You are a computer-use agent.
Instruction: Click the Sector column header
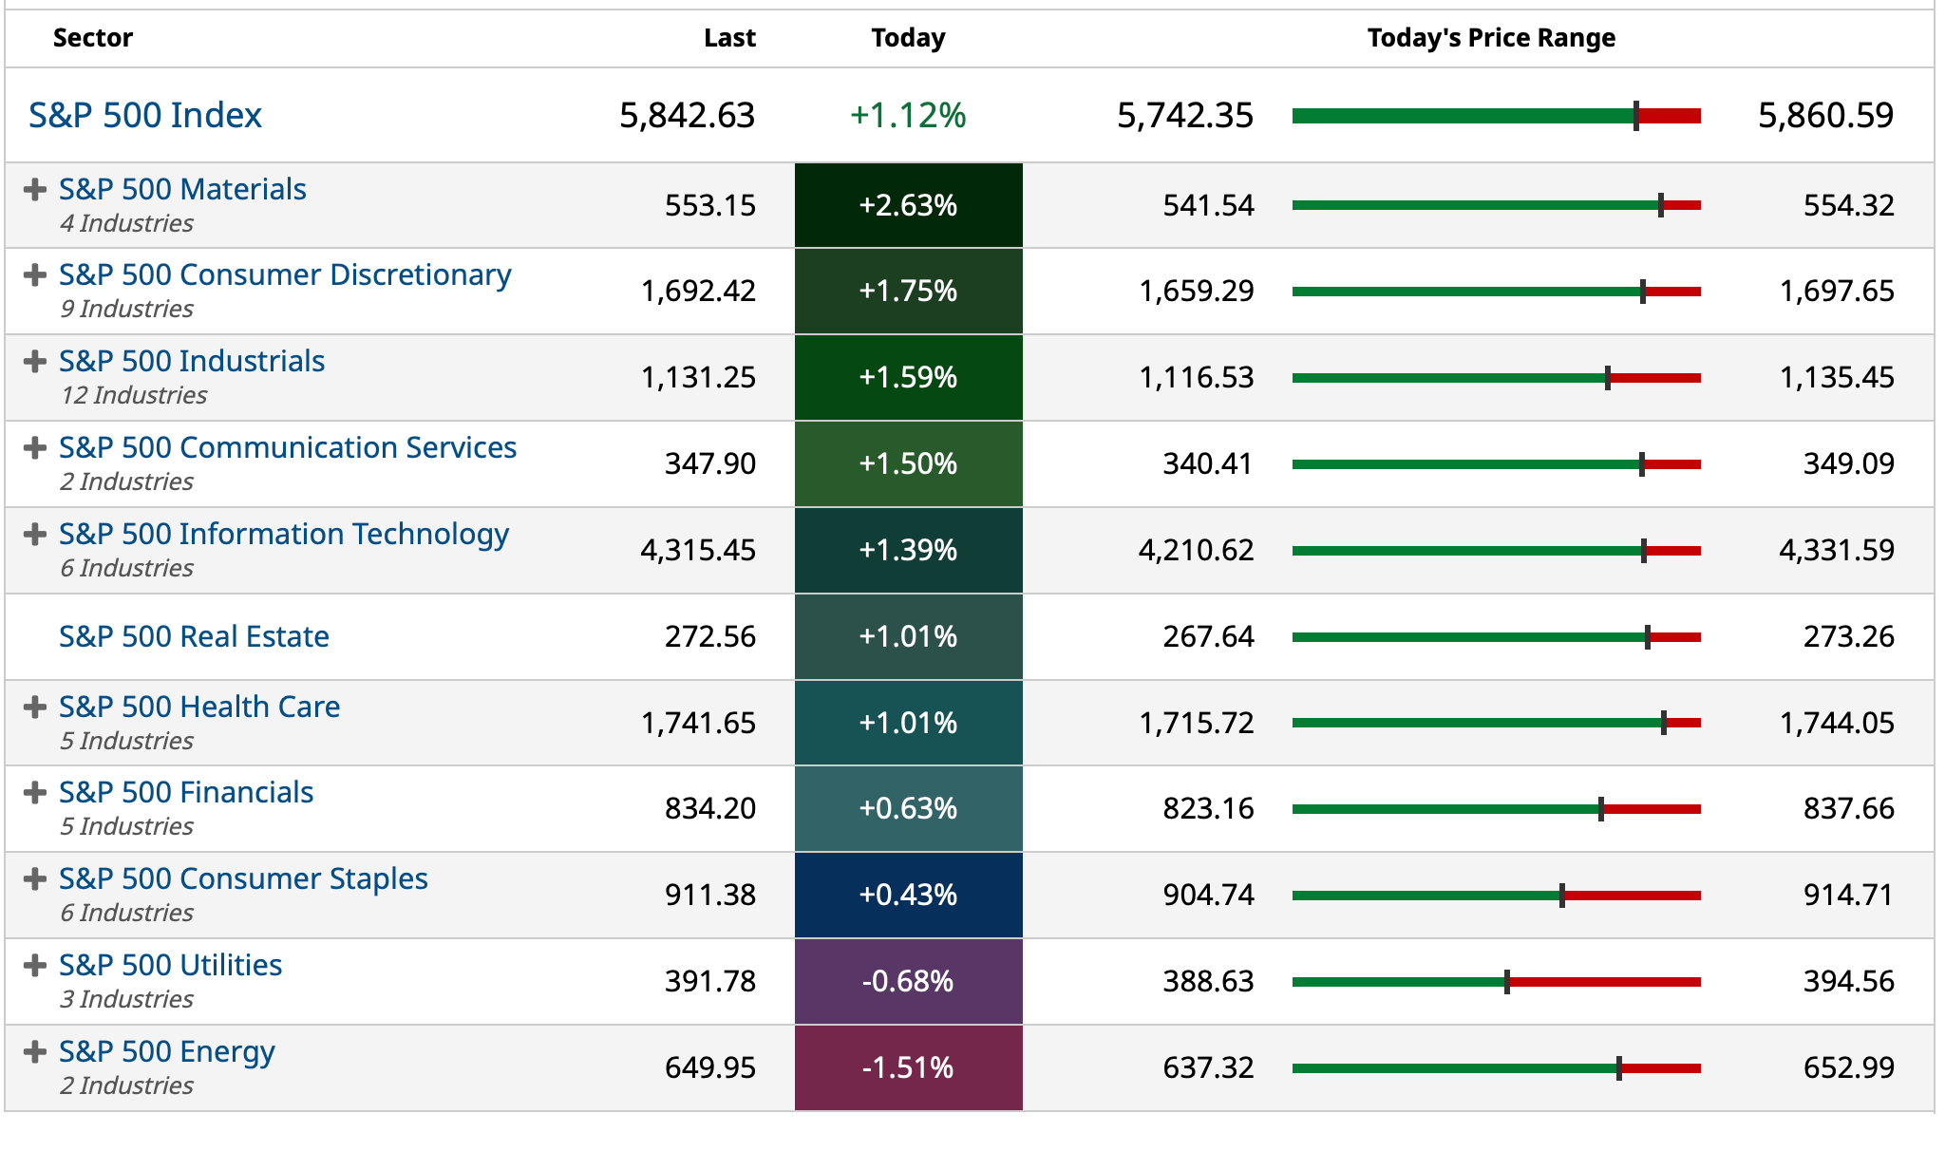[92, 38]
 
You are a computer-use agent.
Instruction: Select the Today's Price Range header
[1490, 38]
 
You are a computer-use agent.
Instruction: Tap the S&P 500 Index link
[145, 115]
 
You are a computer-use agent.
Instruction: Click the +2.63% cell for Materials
[908, 205]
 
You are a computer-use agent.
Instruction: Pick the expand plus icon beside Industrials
[35, 362]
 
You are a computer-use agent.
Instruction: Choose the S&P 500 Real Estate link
[194, 636]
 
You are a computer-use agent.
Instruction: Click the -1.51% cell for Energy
[908, 1067]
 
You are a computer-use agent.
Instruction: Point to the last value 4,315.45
[698, 550]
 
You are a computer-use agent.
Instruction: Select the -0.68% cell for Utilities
[908, 981]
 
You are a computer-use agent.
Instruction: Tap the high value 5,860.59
[1825, 115]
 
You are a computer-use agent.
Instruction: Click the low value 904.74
[1208, 895]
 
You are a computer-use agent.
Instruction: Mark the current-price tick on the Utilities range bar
[1507, 982]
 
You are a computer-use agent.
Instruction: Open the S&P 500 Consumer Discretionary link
[285, 274]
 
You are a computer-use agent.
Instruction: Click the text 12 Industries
[134, 395]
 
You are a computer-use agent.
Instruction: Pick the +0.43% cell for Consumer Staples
[908, 895]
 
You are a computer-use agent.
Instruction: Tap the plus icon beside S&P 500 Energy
[35, 1052]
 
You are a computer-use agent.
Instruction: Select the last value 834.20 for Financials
[709, 808]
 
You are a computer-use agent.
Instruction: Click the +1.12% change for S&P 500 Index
[908, 115]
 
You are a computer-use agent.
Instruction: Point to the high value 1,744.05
[1837, 723]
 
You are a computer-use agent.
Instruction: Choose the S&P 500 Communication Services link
[288, 447]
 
